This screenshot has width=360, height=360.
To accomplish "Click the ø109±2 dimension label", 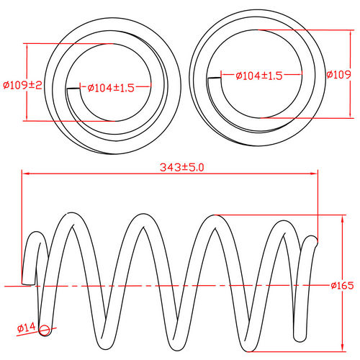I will [23, 85].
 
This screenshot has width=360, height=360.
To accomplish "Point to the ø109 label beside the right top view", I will [338, 75].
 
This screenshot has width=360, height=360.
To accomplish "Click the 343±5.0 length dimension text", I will [181, 167].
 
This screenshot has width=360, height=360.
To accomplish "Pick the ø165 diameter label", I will [341, 286].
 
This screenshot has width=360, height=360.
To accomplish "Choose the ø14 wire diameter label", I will [26, 328].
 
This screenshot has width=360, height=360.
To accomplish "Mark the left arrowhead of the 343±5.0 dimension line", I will [23, 174].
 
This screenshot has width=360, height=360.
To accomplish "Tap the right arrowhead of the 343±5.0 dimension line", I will [317, 174].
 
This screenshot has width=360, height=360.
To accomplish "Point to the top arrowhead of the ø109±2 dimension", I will [27, 45].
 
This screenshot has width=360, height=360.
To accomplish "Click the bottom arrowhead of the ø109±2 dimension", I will [27, 120].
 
